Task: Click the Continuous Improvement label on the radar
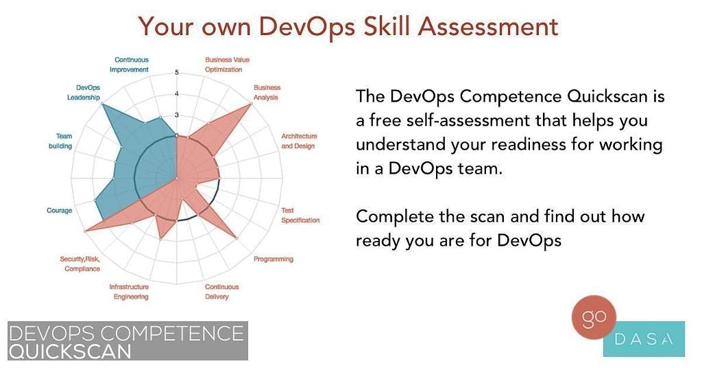tap(132, 65)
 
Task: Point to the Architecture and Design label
tap(299, 141)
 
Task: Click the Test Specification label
tap(300, 215)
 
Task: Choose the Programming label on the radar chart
tap(273, 259)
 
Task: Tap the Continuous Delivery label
tap(222, 292)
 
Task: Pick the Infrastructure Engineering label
tap(129, 292)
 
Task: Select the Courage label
tap(59, 210)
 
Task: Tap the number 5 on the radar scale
tap(177, 73)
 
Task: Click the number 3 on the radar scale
tap(177, 115)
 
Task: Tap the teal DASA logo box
tap(644, 339)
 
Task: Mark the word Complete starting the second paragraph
tap(393, 217)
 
